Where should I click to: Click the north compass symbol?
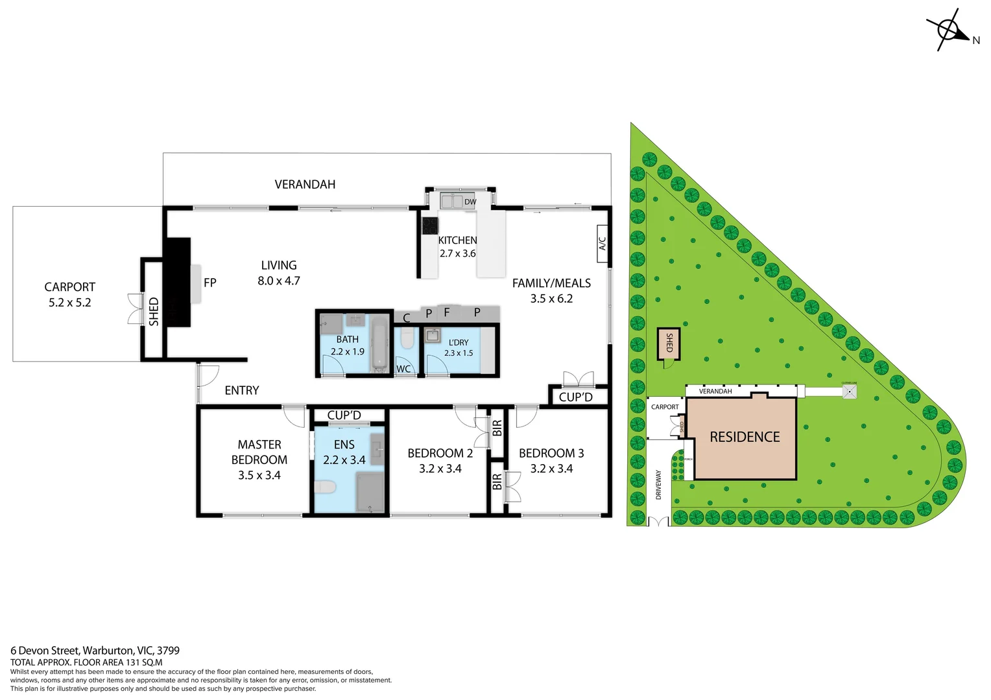point(949,29)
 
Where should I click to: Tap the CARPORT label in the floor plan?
point(69,286)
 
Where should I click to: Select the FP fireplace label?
point(209,283)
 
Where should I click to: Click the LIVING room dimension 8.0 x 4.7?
point(279,281)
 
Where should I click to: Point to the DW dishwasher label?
point(470,202)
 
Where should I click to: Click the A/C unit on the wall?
point(603,244)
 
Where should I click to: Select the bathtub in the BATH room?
point(379,344)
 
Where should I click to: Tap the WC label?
point(403,369)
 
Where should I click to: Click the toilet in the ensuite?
point(325,486)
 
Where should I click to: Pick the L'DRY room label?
point(459,342)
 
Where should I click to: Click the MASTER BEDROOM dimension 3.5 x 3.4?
point(259,475)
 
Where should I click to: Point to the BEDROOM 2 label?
point(440,453)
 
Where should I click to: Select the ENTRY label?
point(242,390)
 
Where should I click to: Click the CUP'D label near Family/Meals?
point(575,397)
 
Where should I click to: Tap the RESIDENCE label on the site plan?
point(745,437)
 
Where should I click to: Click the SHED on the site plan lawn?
point(669,343)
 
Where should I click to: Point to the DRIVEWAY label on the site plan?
point(659,484)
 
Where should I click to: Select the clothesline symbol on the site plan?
point(849,391)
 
